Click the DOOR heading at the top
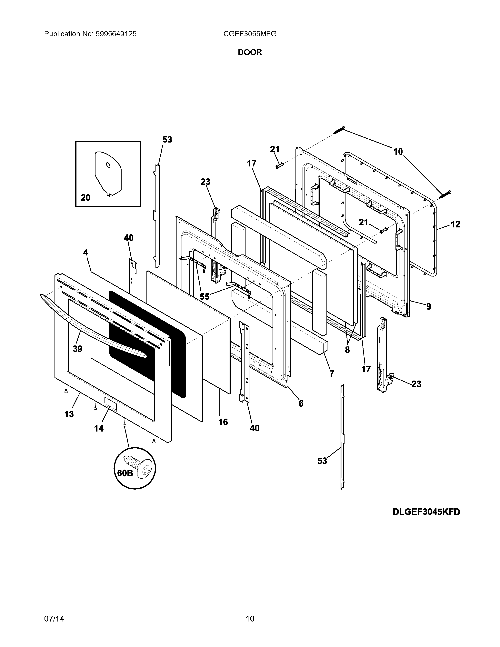[x=250, y=52]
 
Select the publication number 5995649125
[x=116, y=34]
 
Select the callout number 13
[x=69, y=414]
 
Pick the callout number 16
[x=223, y=422]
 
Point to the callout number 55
[x=204, y=296]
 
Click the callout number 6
[x=301, y=403]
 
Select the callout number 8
[x=347, y=350]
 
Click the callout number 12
[x=455, y=224]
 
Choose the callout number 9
[x=429, y=307]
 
